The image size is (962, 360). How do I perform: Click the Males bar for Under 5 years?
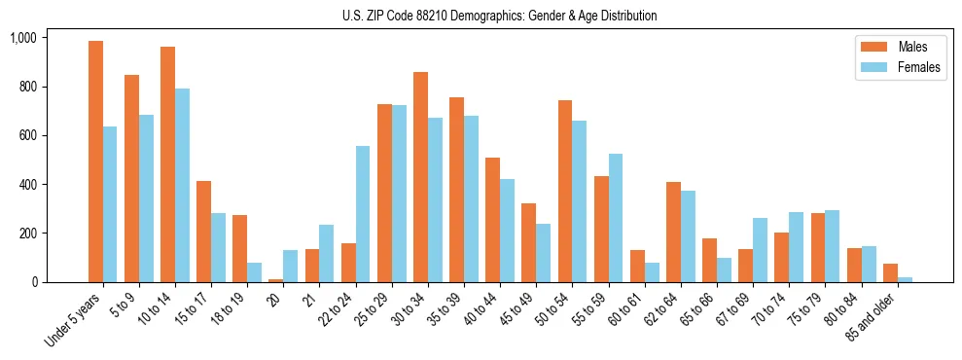click(x=95, y=162)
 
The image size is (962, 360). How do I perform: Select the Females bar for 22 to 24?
click(x=363, y=214)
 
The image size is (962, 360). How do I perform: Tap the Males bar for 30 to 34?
click(x=420, y=177)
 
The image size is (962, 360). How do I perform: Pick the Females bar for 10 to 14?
click(x=182, y=186)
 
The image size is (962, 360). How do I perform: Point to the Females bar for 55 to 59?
click(x=616, y=218)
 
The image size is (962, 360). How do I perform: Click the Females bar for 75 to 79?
click(x=832, y=246)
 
